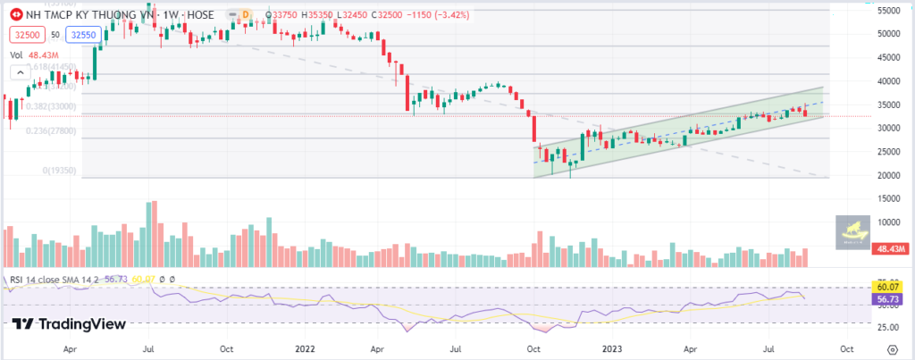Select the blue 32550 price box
point(81,34)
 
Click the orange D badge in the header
point(245,13)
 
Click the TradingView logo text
point(71,324)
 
